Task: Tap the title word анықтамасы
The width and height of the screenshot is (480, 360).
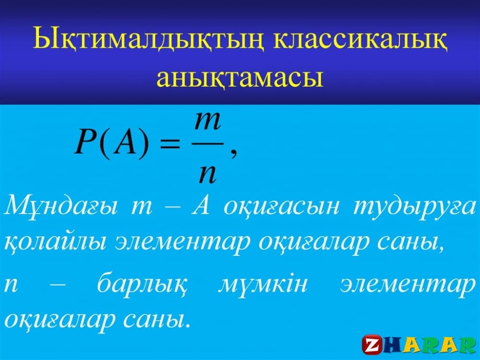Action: pos(240,78)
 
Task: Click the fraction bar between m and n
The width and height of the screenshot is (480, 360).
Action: pos(208,143)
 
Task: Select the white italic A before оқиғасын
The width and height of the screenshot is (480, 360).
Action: pos(201,206)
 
